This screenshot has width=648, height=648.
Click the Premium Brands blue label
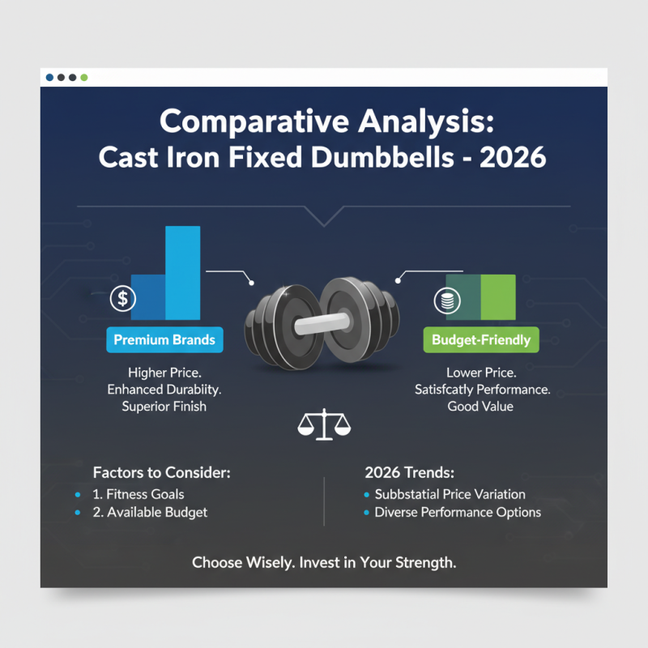click(x=164, y=340)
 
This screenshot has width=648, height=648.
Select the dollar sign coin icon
click(x=122, y=298)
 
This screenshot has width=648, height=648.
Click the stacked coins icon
click(x=446, y=299)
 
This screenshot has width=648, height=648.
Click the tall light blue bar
click(x=182, y=272)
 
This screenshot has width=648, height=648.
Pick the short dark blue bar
click(x=148, y=296)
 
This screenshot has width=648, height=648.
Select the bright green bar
click(x=498, y=296)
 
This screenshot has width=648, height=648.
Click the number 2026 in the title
click(x=513, y=156)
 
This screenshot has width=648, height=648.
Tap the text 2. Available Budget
click(x=151, y=512)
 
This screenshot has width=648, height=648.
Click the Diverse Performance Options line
click(x=458, y=512)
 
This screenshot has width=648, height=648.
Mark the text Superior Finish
click(x=164, y=406)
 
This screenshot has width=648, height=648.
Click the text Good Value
click(x=480, y=406)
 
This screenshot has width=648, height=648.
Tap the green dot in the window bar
click(x=84, y=78)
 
